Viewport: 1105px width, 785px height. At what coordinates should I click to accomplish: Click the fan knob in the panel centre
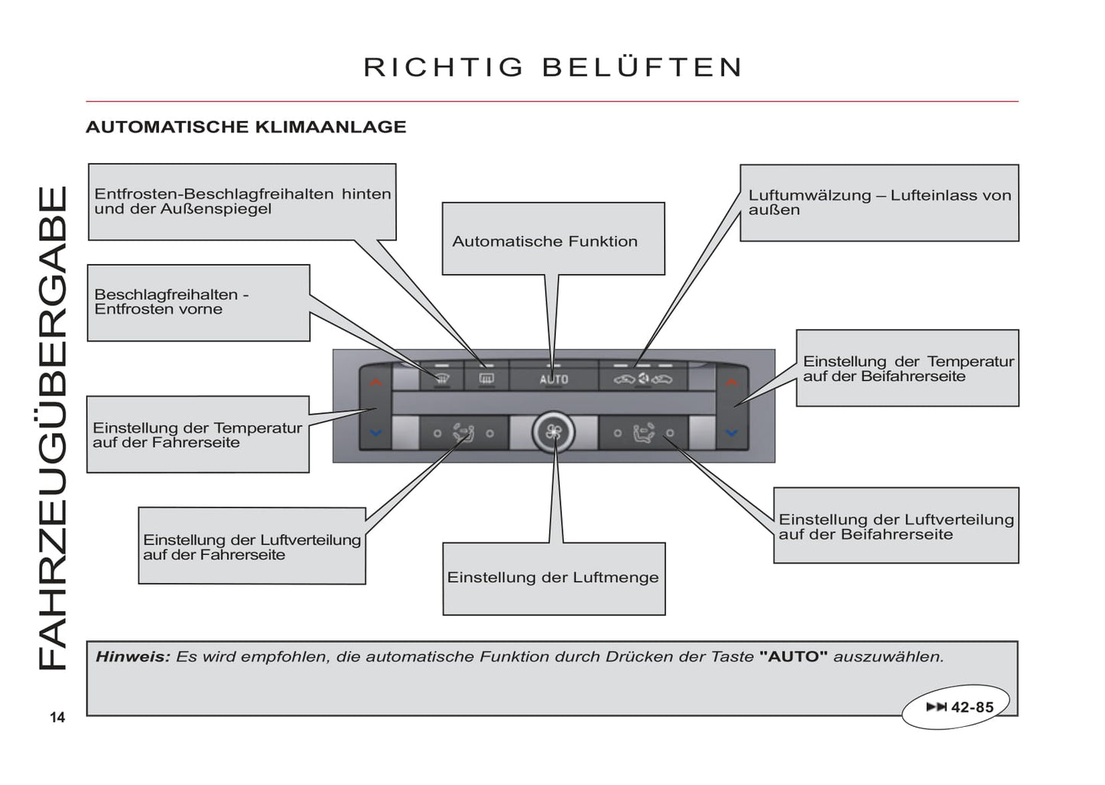click(x=553, y=433)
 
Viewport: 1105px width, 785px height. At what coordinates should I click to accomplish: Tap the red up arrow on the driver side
click(x=375, y=382)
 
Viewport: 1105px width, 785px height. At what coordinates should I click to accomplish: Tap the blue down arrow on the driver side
click(x=375, y=433)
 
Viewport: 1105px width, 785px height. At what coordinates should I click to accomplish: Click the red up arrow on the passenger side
click(x=732, y=382)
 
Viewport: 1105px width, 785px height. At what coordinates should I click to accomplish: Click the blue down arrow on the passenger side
click(x=732, y=433)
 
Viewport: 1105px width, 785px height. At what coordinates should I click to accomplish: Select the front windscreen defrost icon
click(x=442, y=378)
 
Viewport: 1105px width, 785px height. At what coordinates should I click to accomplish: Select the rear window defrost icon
click(x=486, y=378)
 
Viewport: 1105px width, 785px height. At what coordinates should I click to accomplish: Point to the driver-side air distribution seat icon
click(x=463, y=433)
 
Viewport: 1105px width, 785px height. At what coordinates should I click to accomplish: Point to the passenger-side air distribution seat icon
click(x=643, y=434)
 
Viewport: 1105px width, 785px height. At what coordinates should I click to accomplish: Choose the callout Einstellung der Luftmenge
click(x=553, y=578)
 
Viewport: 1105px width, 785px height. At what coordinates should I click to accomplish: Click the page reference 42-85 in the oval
click(x=972, y=707)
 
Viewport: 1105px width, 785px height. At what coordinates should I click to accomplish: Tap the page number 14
click(x=57, y=717)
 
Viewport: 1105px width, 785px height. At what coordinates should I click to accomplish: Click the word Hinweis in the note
click(x=132, y=656)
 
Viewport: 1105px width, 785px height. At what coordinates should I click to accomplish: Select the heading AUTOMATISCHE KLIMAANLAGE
click(x=245, y=127)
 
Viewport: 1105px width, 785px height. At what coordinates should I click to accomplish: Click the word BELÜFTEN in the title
click(x=642, y=67)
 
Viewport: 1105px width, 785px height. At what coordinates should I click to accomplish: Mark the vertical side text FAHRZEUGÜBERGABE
click(x=54, y=428)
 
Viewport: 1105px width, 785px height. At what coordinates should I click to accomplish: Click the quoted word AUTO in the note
click(x=793, y=656)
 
